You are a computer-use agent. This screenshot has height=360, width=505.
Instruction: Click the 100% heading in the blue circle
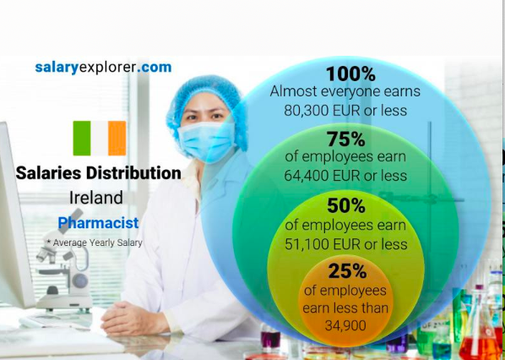[x=350, y=74]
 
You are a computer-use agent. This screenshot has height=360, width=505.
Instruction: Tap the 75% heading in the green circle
[x=346, y=139]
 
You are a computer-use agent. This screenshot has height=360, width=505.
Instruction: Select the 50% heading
[x=346, y=205]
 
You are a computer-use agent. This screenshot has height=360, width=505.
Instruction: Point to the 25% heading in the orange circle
[x=347, y=271]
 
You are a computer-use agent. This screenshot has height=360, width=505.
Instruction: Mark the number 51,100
[x=305, y=244]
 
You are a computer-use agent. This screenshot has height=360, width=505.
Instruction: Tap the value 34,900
[x=345, y=325]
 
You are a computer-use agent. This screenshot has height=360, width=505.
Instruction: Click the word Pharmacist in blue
[x=99, y=223]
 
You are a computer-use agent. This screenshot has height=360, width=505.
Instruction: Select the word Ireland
[x=96, y=198]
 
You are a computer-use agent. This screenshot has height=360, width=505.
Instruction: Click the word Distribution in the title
[x=133, y=173]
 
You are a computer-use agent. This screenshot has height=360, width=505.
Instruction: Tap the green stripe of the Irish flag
[x=82, y=139]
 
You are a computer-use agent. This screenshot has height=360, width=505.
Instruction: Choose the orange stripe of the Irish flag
[x=117, y=139]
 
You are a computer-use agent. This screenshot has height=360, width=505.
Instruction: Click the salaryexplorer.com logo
[x=103, y=68]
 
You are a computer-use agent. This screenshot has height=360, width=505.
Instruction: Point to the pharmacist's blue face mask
[x=206, y=141]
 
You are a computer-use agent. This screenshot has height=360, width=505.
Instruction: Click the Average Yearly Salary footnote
[x=95, y=243]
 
